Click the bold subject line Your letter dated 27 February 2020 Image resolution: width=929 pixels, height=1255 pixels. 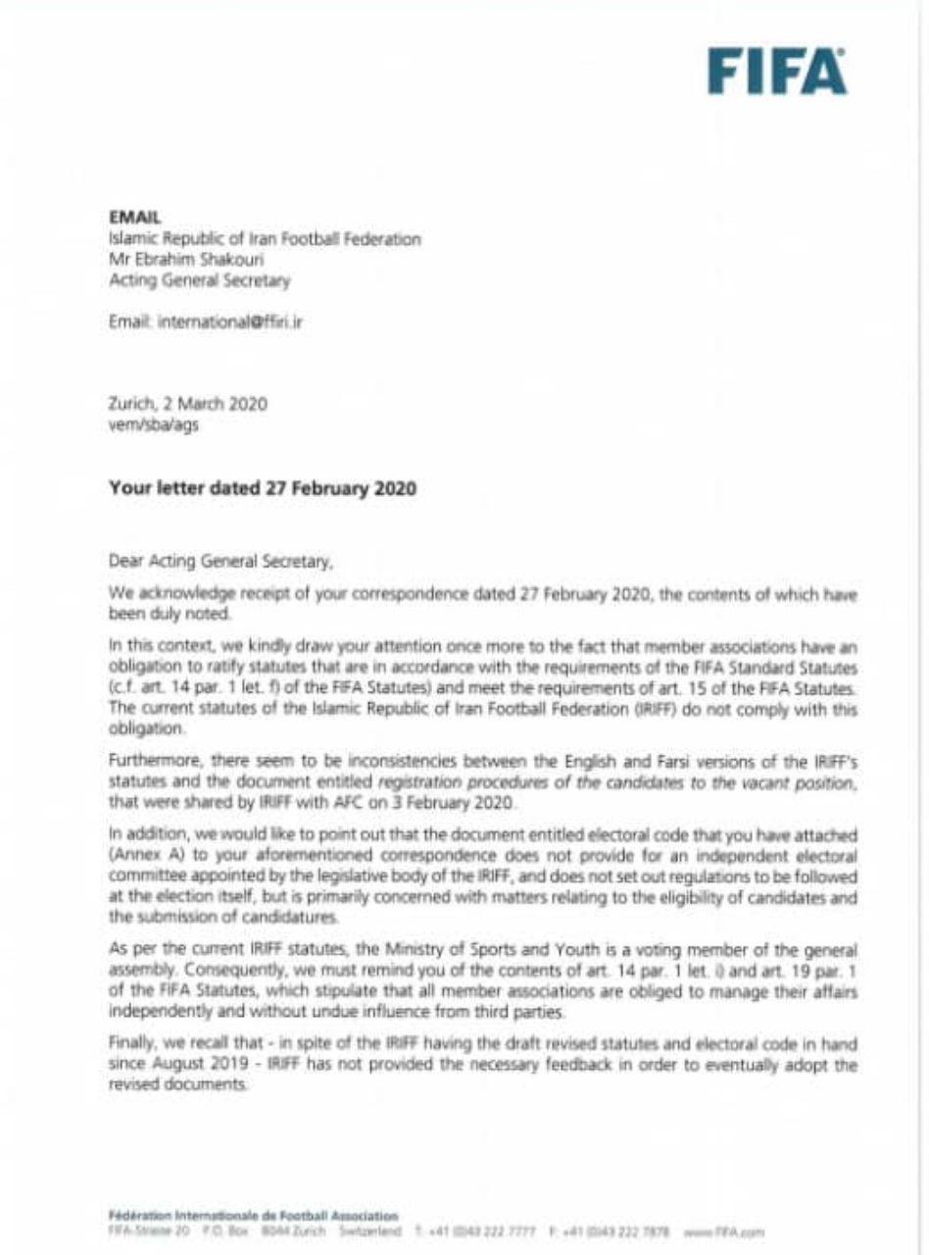[264, 492]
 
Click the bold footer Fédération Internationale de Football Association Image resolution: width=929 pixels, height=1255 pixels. [253, 1211]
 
